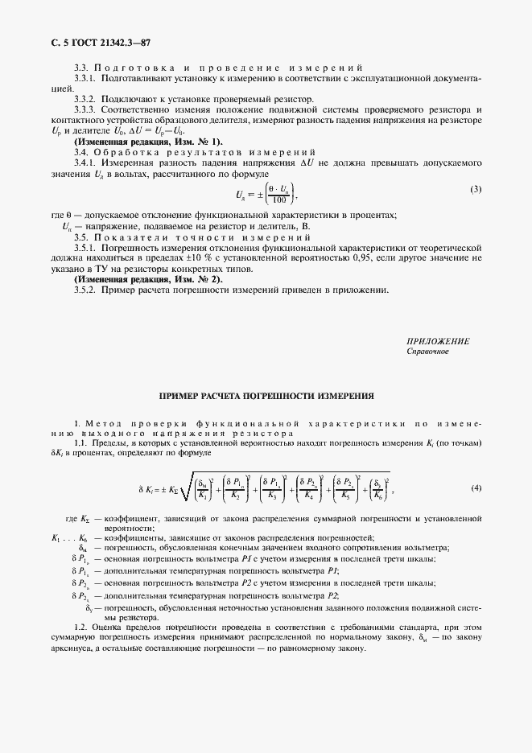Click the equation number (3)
476,189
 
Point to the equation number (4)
476,488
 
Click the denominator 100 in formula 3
278,200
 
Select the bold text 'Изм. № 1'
169,141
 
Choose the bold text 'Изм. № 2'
169,278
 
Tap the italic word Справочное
428,352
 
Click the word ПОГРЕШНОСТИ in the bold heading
277,397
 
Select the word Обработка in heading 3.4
130,152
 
